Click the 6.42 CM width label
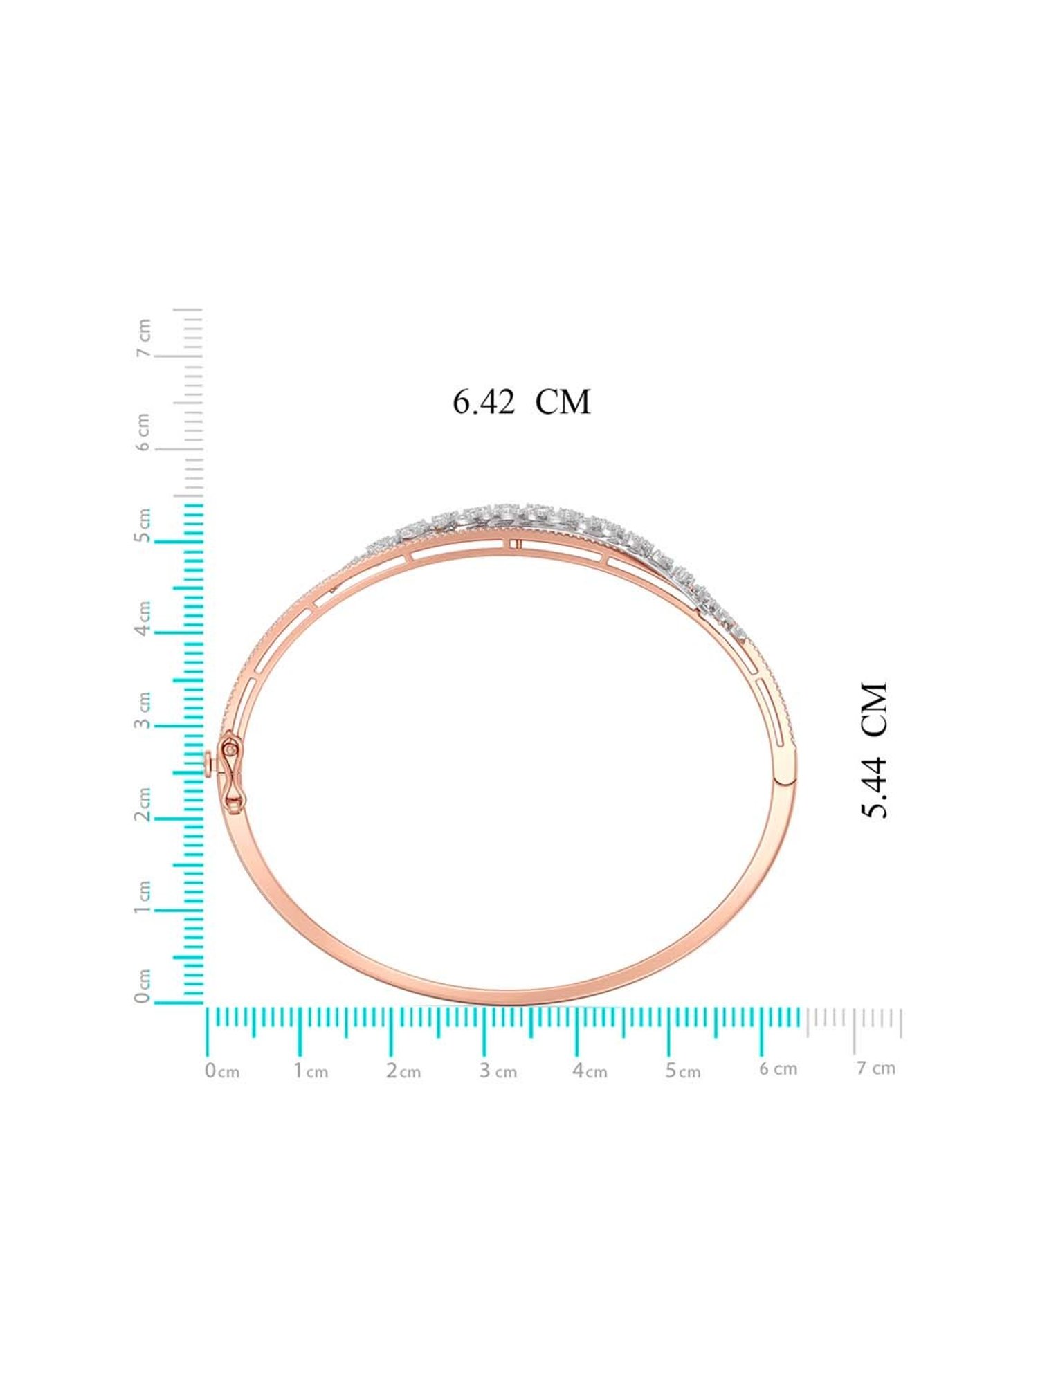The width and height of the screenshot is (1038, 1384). pyautogui.click(x=522, y=402)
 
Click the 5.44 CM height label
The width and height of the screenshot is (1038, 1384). pyautogui.click(x=874, y=750)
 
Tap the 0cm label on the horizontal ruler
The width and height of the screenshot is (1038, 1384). pyautogui.click(x=222, y=1071)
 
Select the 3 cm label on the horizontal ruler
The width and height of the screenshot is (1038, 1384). pyautogui.click(x=498, y=1071)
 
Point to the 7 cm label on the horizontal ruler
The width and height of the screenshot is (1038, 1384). pyautogui.click(x=876, y=1068)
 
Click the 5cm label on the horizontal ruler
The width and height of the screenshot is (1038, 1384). pyautogui.click(x=683, y=1071)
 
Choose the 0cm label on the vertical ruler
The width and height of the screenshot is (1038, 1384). pyautogui.click(x=143, y=985)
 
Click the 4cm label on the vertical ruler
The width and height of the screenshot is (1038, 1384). pyautogui.click(x=143, y=619)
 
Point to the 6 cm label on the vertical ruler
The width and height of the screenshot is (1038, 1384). pyautogui.click(x=143, y=432)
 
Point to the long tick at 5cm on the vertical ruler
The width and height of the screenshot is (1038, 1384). pyautogui.click(x=179, y=541)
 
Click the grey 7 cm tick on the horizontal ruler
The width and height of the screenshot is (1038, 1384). pyautogui.click(x=855, y=1031)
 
